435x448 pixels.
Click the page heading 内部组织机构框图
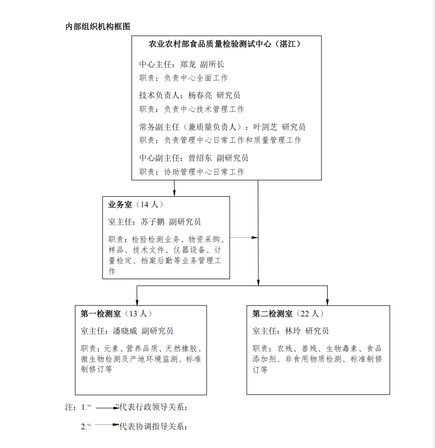(x=98, y=27)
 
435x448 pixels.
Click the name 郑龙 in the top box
(x=188, y=64)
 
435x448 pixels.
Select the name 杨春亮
(x=200, y=95)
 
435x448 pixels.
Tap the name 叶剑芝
(x=265, y=127)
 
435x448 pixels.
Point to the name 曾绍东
(x=200, y=158)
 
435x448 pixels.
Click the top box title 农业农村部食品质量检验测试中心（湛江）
(x=225, y=44)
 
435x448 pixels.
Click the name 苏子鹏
(x=153, y=221)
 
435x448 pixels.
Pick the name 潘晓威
(x=125, y=331)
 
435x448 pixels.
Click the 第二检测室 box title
(x=272, y=314)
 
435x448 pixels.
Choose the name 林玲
(x=293, y=331)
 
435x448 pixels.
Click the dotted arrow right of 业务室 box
(x=244, y=238)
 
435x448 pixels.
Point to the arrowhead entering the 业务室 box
(x=174, y=193)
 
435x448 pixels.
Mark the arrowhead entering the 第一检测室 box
(x=137, y=302)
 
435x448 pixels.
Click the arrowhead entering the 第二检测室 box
(x=328, y=302)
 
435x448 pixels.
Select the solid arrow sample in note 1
(x=107, y=408)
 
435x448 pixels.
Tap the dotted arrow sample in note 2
(x=107, y=424)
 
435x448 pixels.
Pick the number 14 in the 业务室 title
(x=144, y=204)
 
